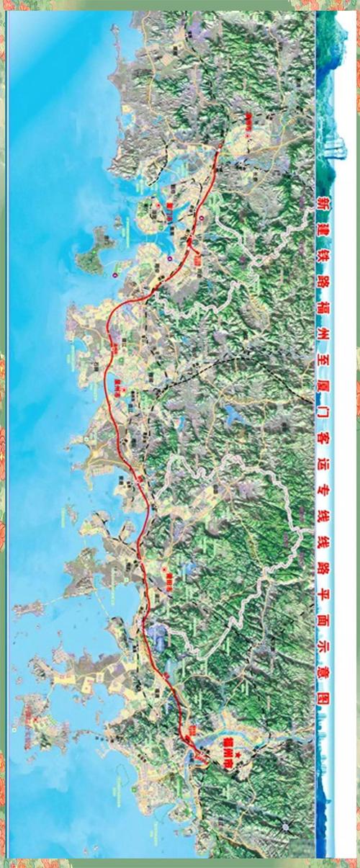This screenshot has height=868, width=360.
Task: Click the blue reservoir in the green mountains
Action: pos(234,414)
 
